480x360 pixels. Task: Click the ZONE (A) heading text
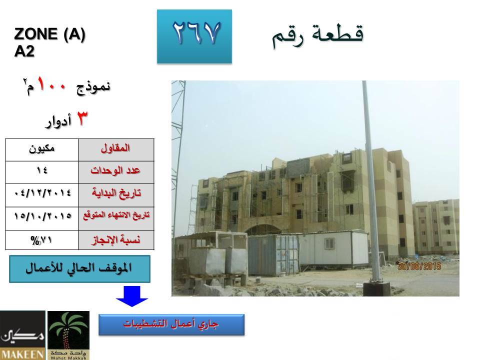(49, 33)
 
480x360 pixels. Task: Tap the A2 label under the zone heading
(24, 51)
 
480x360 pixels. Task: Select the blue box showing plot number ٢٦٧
(194, 36)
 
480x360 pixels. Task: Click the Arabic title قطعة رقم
(318, 35)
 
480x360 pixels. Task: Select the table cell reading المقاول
(116, 149)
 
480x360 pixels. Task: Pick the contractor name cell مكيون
(42, 149)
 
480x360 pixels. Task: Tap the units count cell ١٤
(42, 172)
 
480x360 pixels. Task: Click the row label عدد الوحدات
(116, 172)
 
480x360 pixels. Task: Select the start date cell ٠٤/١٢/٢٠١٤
(42, 195)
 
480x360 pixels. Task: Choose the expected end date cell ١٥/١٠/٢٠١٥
(42, 218)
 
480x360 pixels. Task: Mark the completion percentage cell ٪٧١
(42, 240)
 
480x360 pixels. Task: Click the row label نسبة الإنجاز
(116, 240)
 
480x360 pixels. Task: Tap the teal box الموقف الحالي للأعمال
(79, 269)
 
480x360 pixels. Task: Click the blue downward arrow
(132, 296)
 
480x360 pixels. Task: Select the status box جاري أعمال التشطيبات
(171, 324)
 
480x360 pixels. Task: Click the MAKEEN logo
(22, 335)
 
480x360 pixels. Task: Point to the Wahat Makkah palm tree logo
(68, 335)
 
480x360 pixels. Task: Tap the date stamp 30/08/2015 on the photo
(419, 266)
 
